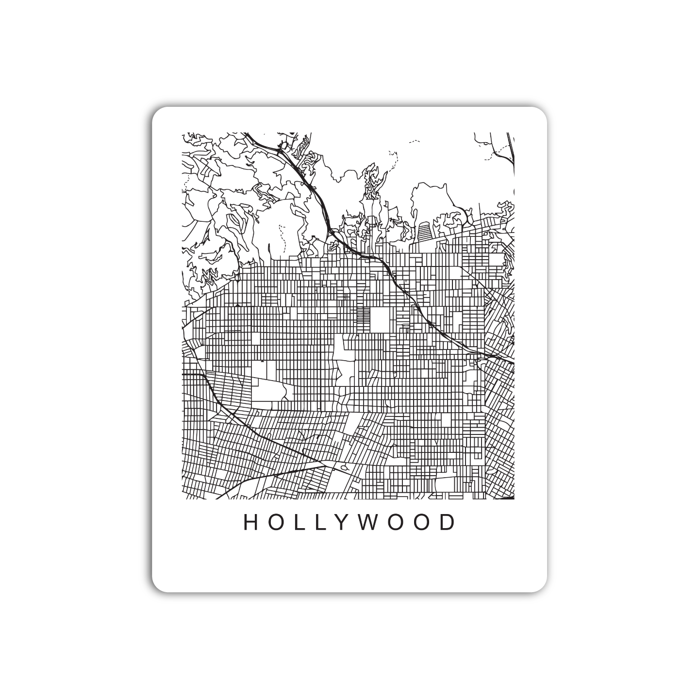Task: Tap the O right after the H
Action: click(x=276, y=522)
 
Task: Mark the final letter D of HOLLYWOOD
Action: click(x=448, y=522)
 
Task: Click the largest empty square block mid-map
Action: click(x=380, y=319)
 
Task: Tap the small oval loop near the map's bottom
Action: click(x=344, y=467)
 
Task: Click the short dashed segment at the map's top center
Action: click(x=414, y=141)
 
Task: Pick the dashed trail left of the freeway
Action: click(x=281, y=233)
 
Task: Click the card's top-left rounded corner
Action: click(x=156, y=111)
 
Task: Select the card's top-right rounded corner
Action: click(x=543, y=111)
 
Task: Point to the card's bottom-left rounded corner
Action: click(x=156, y=587)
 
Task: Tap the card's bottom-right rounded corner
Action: click(x=543, y=587)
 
